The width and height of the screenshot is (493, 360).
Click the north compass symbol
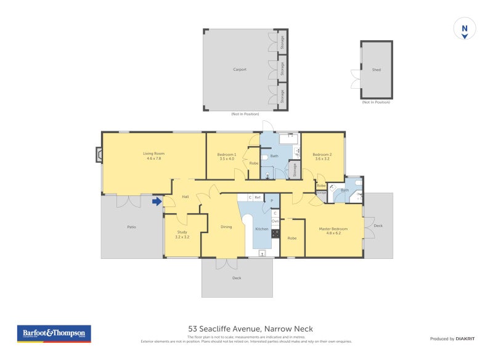465,29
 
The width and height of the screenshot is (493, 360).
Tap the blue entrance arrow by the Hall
157,200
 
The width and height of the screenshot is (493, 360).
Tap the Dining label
226,227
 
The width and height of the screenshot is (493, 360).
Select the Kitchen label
262,229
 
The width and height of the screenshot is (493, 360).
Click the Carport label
240,70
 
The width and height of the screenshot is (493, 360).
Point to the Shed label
376,70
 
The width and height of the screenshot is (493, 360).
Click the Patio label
131,227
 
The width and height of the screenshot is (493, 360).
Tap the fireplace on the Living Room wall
99,154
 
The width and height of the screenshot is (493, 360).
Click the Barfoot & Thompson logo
54,333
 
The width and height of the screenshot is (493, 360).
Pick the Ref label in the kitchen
258,197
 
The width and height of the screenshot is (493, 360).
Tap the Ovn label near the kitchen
275,220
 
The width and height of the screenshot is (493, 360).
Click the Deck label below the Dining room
237,278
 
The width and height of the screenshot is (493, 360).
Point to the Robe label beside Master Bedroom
292,238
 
